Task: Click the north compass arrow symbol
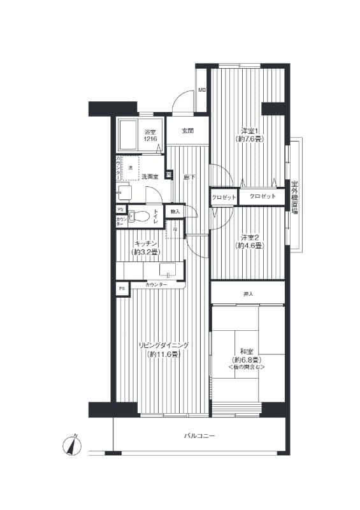[72, 445]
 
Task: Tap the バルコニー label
[199, 436]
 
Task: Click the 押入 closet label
[248, 294]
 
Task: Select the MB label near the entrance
[202, 91]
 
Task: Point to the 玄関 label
[187, 131]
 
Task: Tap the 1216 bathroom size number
[150, 139]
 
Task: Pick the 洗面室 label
[150, 177]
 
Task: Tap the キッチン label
[145, 243]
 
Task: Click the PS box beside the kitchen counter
[121, 289]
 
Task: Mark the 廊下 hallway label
[189, 177]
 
